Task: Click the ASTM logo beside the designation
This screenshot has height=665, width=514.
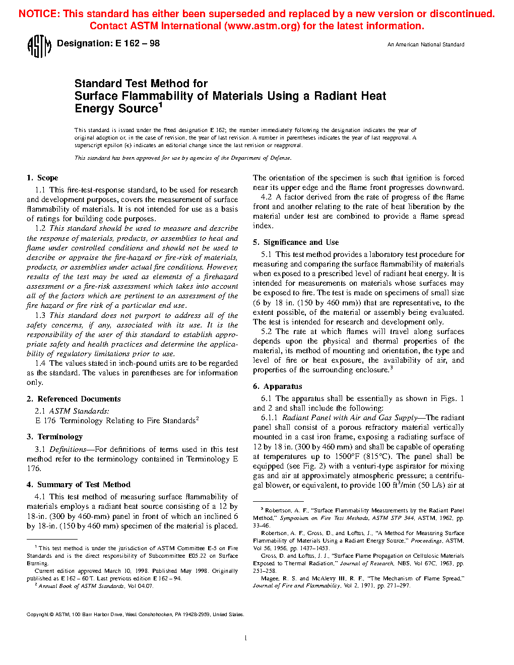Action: [39, 46]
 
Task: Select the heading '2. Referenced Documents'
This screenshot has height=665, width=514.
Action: [74, 399]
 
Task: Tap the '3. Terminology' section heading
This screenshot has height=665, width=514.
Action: [54, 437]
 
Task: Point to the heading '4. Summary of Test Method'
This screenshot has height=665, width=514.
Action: [79, 485]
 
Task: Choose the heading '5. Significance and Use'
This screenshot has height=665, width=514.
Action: [296, 242]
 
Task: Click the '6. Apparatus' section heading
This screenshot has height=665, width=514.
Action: [278, 386]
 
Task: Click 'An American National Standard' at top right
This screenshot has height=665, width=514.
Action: [426, 45]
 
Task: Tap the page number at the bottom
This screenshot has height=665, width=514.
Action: [245, 638]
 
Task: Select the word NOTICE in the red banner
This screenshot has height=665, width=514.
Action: [39, 14]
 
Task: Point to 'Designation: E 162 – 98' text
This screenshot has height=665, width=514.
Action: [108, 44]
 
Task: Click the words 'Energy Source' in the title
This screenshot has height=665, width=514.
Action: [116, 109]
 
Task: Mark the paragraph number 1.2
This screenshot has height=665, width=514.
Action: [40, 229]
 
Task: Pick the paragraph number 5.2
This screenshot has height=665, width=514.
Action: [267, 331]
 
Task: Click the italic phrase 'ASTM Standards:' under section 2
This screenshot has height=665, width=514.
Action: [79, 411]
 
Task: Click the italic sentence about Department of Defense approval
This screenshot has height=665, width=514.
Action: [183, 158]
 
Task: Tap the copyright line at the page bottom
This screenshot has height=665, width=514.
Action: [135, 615]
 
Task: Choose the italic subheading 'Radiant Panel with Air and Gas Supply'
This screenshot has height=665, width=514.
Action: [350, 418]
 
